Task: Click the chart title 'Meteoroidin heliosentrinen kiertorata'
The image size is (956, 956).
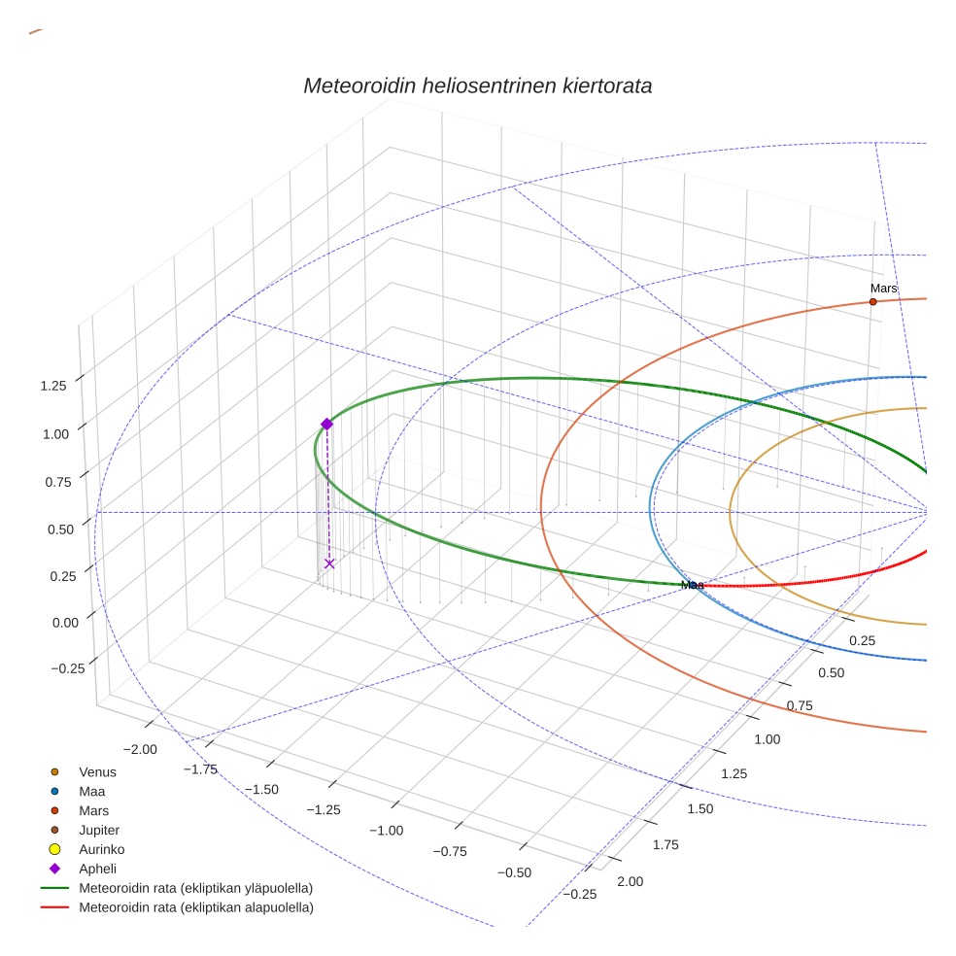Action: (x=477, y=85)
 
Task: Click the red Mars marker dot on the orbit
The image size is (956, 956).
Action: (x=872, y=302)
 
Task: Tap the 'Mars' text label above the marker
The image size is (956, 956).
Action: (x=883, y=289)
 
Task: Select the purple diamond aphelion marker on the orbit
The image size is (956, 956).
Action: (x=326, y=424)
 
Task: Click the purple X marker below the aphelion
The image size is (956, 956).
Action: (x=329, y=563)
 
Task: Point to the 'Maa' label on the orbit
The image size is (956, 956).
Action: (x=692, y=585)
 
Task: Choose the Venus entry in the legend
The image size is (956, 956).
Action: (x=97, y=772)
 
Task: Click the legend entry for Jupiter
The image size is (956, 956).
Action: (x=99, y=831)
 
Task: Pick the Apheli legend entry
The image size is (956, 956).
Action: (x=97, y=869)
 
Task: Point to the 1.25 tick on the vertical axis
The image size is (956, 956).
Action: (x=53, y=386)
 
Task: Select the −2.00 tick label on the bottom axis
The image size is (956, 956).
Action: (x=141, y=749)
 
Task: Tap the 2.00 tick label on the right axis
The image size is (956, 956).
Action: (x=630, y=881)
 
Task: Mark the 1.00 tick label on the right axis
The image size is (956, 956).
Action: (x=767, y=739)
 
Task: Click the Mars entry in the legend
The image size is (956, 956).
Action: (x=94, y=811)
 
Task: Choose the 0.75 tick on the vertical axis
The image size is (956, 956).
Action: (x=53, y=482)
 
